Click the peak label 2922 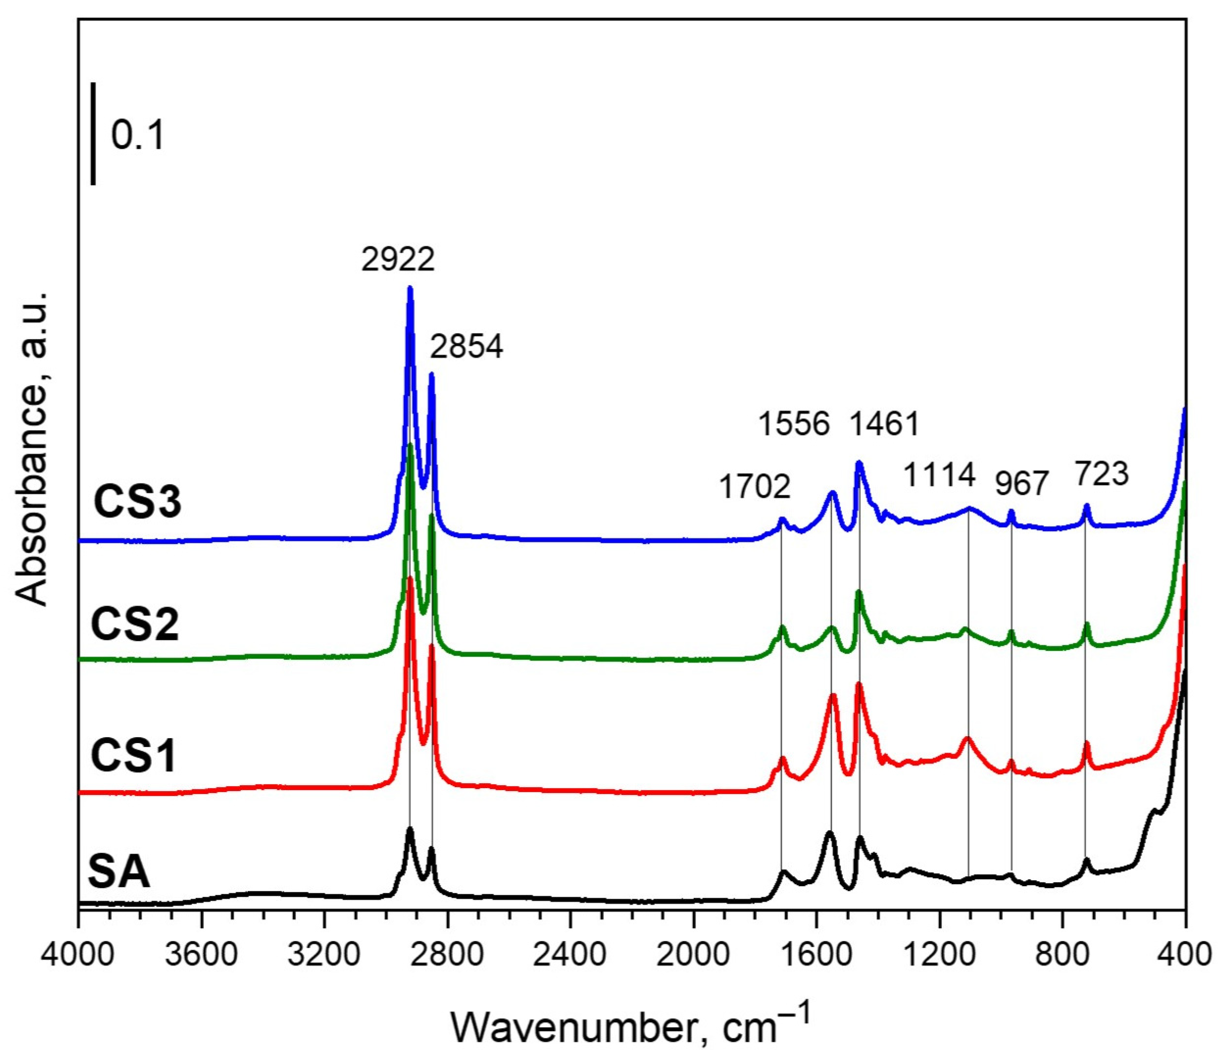[398, 259]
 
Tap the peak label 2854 [466, 347]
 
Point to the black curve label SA [119, 873]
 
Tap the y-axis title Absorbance [32, 447]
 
